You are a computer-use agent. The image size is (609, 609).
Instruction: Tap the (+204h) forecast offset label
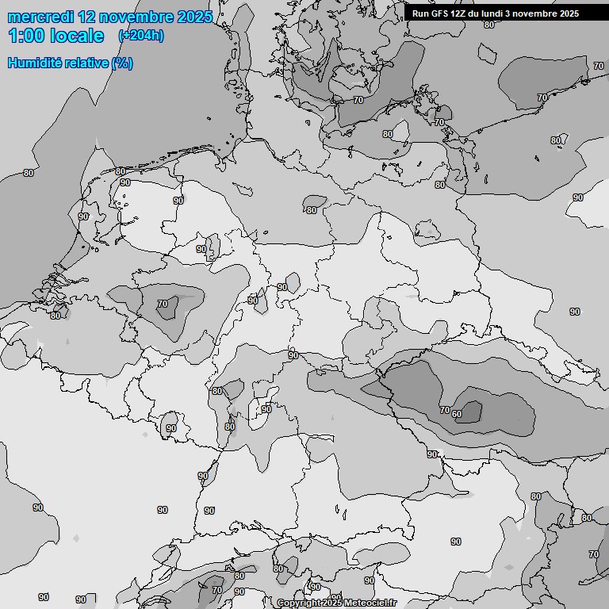(141, 36)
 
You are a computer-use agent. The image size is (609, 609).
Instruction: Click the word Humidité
(34, 63)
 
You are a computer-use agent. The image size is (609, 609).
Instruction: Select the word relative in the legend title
(86, 63)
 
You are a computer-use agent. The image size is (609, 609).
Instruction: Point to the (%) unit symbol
(122, 63)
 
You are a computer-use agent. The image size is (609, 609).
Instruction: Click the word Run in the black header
(420, 13)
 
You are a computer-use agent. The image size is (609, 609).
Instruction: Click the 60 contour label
(457, 414)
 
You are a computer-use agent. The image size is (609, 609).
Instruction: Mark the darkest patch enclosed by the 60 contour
(471, 412)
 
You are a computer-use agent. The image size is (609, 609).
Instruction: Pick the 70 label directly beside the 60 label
(444, 410)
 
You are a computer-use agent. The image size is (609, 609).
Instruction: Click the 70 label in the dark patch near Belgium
(163, 304)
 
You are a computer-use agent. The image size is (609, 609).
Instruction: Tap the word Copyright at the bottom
(299, 603)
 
